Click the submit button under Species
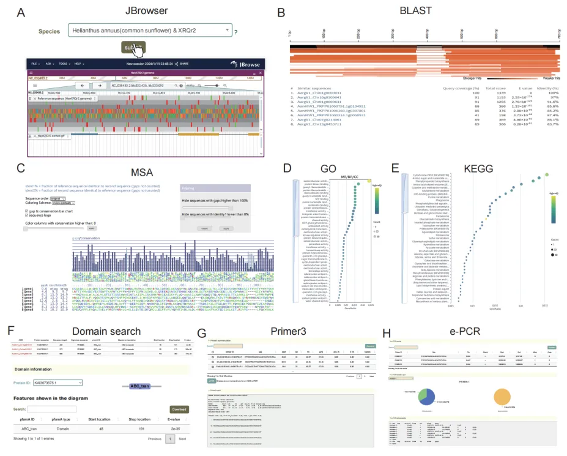pos(133,47)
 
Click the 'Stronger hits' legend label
pos(475,78)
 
